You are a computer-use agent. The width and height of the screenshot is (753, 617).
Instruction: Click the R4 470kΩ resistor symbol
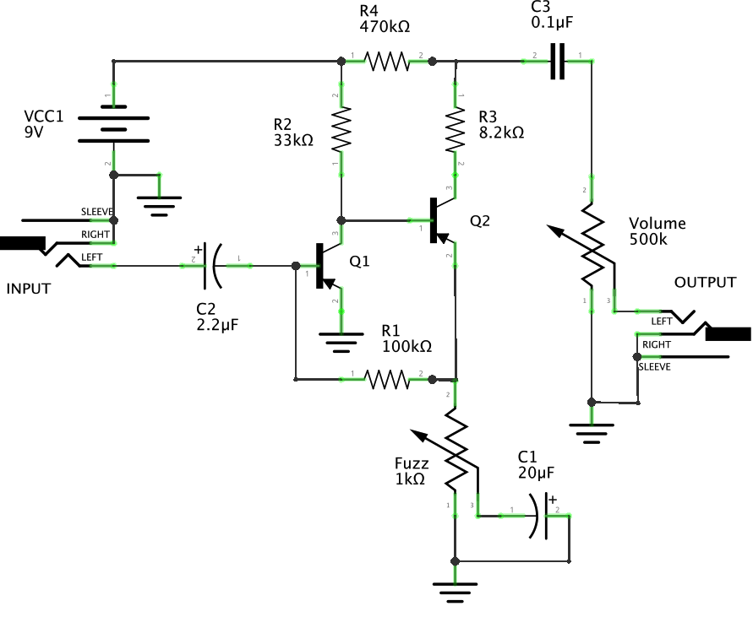pos(386,61)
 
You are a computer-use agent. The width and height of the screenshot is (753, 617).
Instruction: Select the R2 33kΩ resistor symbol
pos(341,130)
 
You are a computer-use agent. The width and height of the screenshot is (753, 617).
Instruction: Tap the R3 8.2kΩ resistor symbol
pos(456,130)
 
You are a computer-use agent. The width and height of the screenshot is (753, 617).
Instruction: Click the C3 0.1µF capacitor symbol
pos(556,61)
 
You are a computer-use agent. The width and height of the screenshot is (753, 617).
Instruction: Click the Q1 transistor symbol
pos(325,266)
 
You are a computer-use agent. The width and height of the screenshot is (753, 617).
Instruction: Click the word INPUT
pos(29,289)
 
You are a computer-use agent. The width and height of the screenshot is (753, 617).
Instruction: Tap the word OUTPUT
pos(705,282)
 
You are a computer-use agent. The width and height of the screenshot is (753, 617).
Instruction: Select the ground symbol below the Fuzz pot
pos(455,593)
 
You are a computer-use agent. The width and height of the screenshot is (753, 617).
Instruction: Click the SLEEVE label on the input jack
pos(96,211)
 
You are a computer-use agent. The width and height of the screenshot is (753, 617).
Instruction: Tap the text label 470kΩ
pos(385,27)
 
